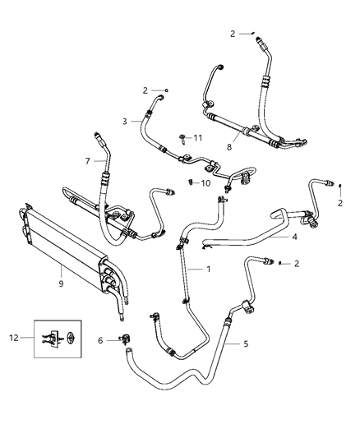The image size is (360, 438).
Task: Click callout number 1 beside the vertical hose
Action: pos(208,270)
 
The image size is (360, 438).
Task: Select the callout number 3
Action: pos(125,121)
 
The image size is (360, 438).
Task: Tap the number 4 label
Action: pos(294,237)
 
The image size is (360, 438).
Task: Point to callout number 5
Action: pos(244,343)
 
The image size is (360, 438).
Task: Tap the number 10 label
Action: pos(206,183)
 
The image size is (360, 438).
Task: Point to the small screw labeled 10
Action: pos(191,182)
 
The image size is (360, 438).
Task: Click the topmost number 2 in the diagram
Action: pos(233,34)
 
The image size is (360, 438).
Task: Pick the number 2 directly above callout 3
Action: pos(145,90)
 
